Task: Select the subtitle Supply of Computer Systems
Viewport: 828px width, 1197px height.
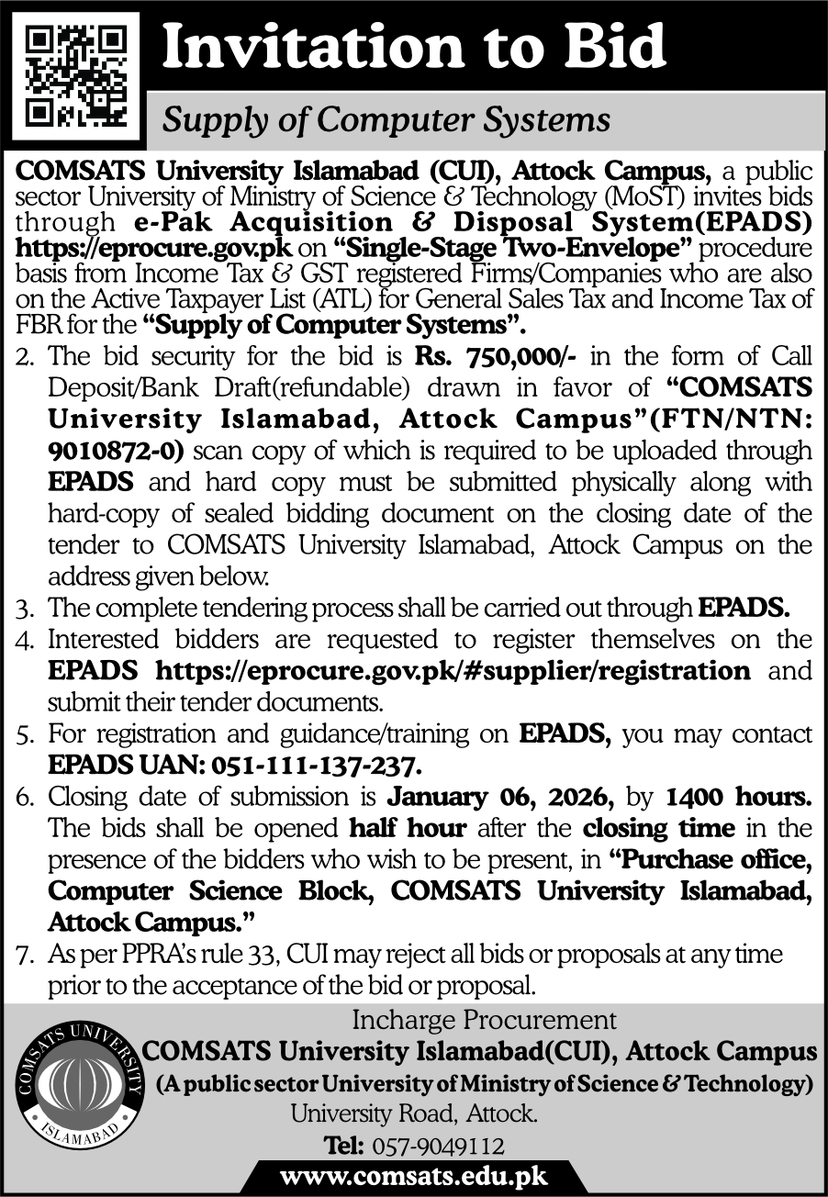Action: tap(386, 120)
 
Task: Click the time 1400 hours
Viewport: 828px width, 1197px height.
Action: tap(737, 796)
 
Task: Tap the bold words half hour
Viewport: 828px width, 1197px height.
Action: tap(408, 828)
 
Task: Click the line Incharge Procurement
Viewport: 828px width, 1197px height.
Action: tap(484, 1020)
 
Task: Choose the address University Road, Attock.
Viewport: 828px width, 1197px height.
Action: tap(413, 1114)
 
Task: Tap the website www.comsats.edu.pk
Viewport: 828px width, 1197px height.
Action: tap(413, 1177)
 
